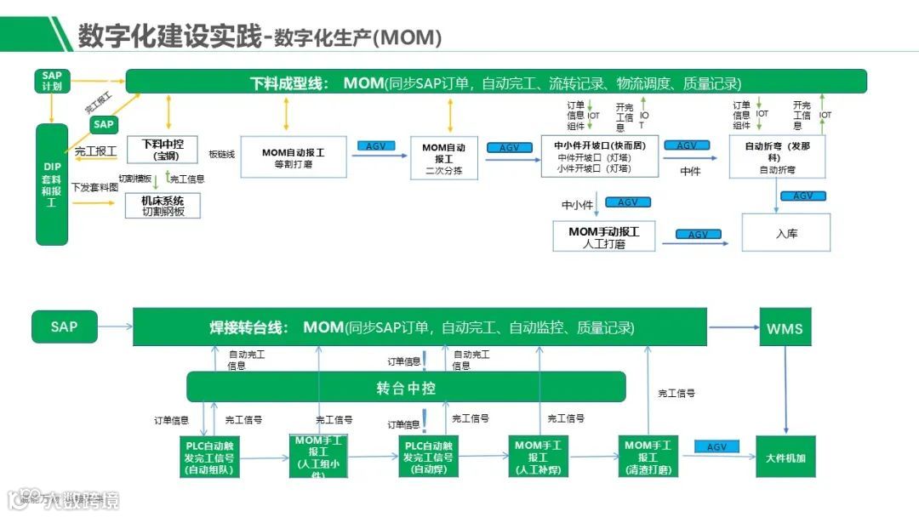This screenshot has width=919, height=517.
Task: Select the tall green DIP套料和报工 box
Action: pyautogui.click(x=51, y=184)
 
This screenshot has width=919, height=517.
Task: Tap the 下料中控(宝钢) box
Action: pyautogui.click(x=163, y=150)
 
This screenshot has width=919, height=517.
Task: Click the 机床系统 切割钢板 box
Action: pyautogui.click(x=163, y=205)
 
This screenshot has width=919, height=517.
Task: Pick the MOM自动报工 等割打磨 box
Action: pyautogui.click(x=293, y=157)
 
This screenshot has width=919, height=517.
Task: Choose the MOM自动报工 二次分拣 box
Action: pyautogui.click(x=444, y=157)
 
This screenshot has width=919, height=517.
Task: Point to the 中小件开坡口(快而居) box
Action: pyautogui.click(x=600, y=156)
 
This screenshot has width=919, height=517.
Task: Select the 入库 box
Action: pyautogui.click(x=786, y=233)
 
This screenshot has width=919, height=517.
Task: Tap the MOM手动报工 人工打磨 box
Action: pyautogui.click(x=603, y=237)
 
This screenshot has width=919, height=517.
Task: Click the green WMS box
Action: pyautogui.click(x=784, y=327)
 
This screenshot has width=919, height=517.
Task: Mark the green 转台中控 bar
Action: pyautogui.click(x=406, y=388)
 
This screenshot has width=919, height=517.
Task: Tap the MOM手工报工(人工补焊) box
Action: pyautogui.click(x=541, y=457)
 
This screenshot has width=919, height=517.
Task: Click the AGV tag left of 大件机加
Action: pyautogui.click(x=716, y=447)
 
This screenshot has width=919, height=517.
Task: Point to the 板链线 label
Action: pyautogui.click(x=221, y=155)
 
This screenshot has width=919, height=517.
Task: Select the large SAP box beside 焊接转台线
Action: pyautogui.click(x=65, y=327)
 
